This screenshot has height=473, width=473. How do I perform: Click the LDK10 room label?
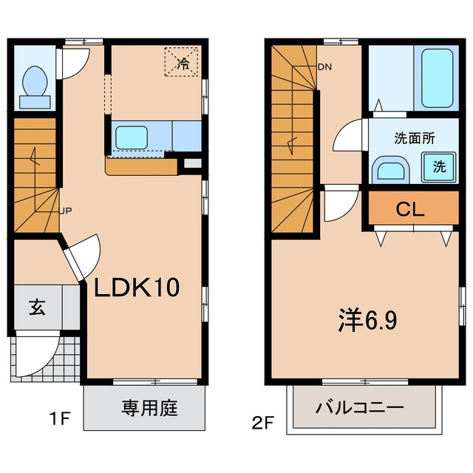[x=137, y=287]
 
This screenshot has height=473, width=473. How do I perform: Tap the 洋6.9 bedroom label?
[x=367, y=320]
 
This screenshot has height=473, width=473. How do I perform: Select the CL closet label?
[x=410, y=208]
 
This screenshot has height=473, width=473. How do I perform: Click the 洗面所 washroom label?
[x=415, y=138]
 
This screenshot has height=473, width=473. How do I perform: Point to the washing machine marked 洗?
[x=438, y=167]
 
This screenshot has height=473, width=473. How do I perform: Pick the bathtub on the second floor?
[x=437, y=78]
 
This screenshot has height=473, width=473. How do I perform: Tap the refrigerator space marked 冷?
[x=183, y=62]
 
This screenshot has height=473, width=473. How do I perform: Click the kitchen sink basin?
[x=132, y=137]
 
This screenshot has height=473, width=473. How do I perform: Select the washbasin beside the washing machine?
[x=391, y=169]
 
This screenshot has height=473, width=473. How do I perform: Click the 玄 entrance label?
[x=37, y=307]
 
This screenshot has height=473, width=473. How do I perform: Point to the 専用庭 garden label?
[x=149, y=408]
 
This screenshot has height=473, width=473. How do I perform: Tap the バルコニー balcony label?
[x=360, y=408]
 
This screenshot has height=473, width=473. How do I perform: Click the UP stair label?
[x=66, y=211]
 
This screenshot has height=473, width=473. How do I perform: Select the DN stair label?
[x=324, y=67]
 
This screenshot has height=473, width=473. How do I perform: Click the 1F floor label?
[x=61, y=418]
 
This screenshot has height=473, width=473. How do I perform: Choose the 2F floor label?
[x=263, y=423]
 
